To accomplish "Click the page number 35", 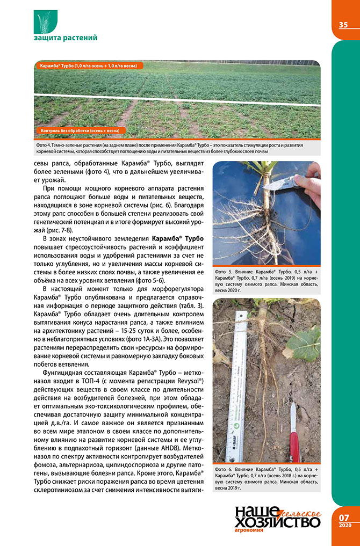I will tap(343, 25).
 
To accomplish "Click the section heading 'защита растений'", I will tap(65, 38).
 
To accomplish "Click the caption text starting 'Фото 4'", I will tap(177, 148).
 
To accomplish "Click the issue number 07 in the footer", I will tap(344, 517).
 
